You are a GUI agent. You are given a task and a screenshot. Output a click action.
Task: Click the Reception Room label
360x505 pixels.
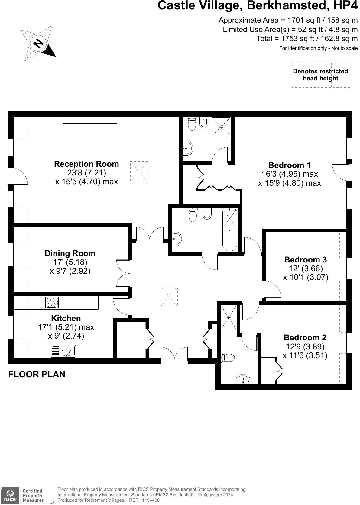[x=86, y=164]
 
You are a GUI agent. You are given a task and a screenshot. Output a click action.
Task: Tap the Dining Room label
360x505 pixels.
[x=70, y=253]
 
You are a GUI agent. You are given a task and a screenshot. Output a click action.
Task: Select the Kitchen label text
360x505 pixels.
[x=66, y=318]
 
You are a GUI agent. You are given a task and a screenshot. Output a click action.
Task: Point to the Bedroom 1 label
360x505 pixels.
[x=289, y=165]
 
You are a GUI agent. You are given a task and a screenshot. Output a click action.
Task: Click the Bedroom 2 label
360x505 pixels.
[x=305, y=338]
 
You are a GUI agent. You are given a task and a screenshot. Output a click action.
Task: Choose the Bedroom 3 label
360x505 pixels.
[x=305, y=260]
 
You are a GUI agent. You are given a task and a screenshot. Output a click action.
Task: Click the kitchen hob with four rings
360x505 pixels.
[x=52, y=303]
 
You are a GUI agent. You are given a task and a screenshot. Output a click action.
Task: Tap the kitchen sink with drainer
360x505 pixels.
[x=63, y=351]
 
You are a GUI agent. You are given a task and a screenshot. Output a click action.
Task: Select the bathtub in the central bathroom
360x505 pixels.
[x=230, y=230]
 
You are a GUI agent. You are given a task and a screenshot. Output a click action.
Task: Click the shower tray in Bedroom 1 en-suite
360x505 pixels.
[x=221, y=126]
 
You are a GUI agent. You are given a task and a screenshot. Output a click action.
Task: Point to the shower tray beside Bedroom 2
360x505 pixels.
[x=229, y=317]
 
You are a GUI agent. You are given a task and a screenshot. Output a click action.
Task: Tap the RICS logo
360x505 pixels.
[x=10, y=495]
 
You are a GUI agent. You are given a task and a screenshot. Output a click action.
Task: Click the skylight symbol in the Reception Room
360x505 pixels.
[x=139, y=172]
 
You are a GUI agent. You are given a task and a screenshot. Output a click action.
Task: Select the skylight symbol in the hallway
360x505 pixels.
[x=169, y=296]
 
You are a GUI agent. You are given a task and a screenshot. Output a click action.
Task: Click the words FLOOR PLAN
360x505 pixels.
[x=37, y=374]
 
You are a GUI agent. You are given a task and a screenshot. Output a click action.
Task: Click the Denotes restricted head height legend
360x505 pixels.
[x=320, y=75]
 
